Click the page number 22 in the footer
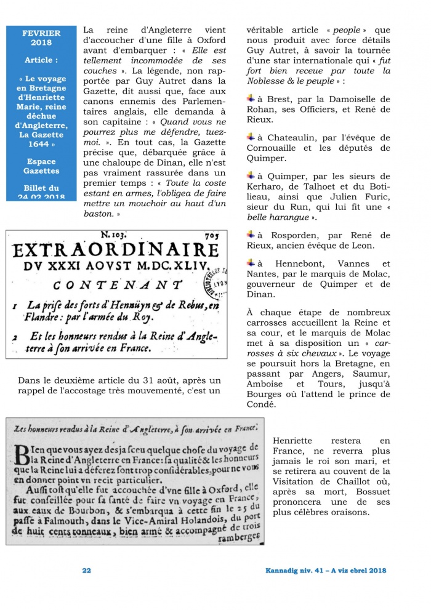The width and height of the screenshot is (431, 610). coord(87,571)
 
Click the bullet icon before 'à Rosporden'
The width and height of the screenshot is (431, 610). coord(251,234)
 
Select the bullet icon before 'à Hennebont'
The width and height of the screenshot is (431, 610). coord(251,263)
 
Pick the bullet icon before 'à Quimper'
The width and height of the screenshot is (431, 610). coord(251,176)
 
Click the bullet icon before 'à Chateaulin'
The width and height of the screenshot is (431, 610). coord(251,136)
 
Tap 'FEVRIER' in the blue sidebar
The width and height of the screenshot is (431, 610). coord(41,33)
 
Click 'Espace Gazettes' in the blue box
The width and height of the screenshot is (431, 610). coord(41,167)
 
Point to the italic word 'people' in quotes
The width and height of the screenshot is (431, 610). coord(346,30)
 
